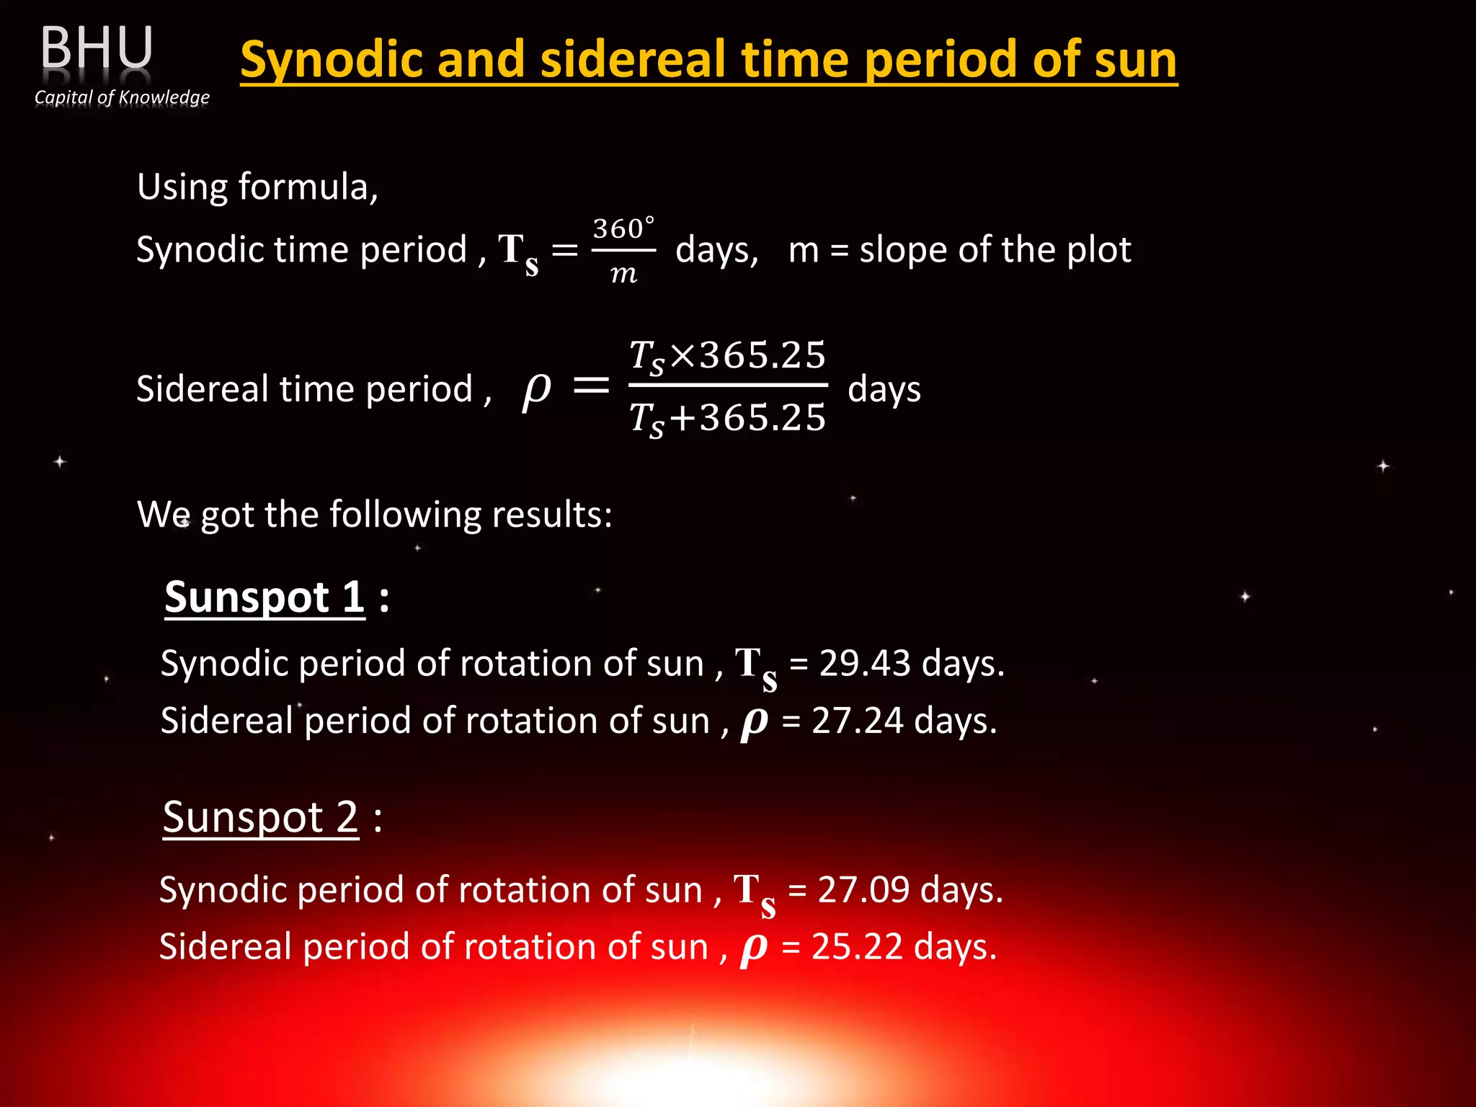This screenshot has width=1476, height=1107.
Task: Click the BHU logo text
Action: point(97,48)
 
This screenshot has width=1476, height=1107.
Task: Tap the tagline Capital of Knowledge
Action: point(122,97)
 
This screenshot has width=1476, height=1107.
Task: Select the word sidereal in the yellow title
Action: point(633,59)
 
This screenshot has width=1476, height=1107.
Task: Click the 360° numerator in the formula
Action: point(623,229)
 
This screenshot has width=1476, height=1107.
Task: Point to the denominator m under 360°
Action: point(623,274)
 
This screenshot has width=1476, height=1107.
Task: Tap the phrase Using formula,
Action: point(257,187)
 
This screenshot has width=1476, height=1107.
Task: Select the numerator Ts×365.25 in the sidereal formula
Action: point(727,356)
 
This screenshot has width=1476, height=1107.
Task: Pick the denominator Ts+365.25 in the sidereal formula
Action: point(727,418)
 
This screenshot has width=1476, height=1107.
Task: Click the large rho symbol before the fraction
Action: point(536,389)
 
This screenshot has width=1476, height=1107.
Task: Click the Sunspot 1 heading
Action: point(264,597)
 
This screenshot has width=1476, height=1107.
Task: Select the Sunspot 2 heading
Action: point(260,817)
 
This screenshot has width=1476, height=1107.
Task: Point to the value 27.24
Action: point(858,721)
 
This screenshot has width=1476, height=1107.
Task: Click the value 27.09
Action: point(863,889)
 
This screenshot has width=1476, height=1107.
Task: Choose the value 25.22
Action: point(857,946)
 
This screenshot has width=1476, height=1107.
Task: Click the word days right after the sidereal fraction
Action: point(884,389)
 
